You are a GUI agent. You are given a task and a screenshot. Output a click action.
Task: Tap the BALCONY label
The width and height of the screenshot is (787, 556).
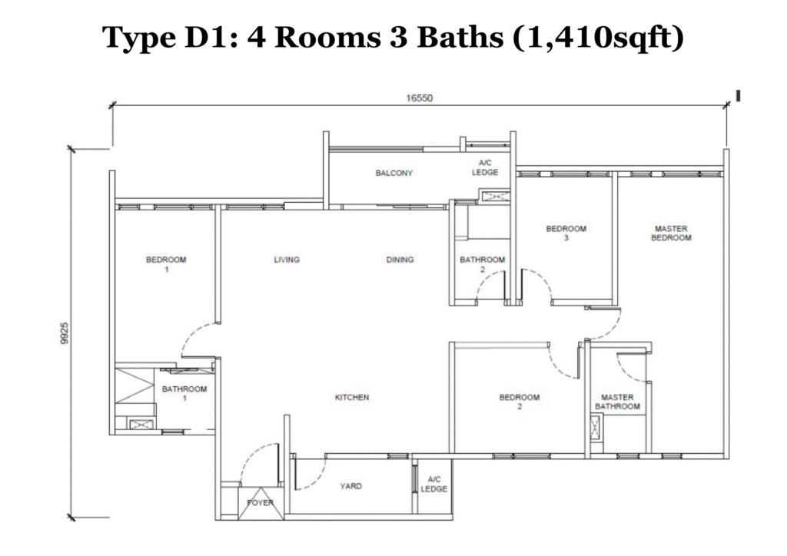[x=394, y=173]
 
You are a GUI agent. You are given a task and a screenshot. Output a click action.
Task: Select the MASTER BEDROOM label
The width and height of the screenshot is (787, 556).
[x=671, y=233]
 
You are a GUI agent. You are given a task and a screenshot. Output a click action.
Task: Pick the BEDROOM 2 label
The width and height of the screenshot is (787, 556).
[x=520, y=402]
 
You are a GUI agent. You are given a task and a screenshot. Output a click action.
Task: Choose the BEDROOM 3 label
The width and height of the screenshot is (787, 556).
[x=566, y=233]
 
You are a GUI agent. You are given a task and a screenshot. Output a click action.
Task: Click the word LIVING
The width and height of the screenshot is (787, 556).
[x=287, y=260]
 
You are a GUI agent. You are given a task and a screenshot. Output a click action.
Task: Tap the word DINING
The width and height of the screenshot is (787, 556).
[x=400, y=260]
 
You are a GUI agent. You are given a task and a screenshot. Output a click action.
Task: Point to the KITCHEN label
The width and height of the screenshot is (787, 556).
[x=352, y=397]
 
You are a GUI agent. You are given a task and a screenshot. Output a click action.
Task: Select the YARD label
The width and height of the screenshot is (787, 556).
[x=351, y=486]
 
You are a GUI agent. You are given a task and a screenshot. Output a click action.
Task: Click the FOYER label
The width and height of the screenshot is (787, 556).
[x=260, y=503]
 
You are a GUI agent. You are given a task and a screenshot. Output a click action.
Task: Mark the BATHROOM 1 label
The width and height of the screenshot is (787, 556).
[x=184, y=393]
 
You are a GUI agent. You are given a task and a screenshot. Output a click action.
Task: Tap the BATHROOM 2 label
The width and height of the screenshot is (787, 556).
[x=483, y=264]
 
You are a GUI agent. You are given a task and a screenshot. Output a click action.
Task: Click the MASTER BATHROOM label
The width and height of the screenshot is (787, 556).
[x=617, y=402]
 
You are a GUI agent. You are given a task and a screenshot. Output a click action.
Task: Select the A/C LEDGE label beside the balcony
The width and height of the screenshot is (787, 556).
[x=485, y=167]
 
